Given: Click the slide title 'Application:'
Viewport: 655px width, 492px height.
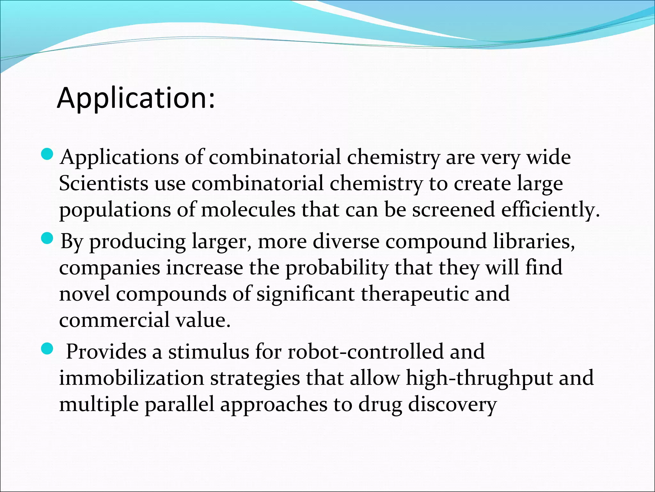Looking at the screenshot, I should click(x=136, y=98).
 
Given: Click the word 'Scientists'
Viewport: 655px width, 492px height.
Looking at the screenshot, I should click(x=104, y=184).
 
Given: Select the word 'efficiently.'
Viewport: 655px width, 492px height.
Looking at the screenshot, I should click(x=550, y=210).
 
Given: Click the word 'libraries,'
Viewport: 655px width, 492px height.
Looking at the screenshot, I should click(x=534, y=241).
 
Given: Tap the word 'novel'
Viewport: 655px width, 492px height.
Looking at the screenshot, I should click(x=84, y=294).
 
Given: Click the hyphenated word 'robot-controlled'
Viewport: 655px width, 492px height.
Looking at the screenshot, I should click(x=366, y=352).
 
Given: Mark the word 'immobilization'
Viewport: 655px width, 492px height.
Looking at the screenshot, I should click(x=131, y=378).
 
